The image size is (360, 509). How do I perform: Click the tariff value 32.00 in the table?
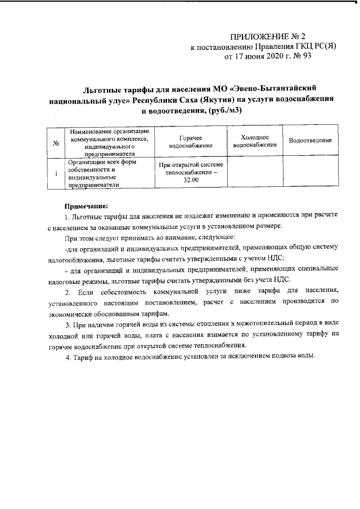tap(191, 179)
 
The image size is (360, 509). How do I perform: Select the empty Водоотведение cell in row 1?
tap(310, 172)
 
